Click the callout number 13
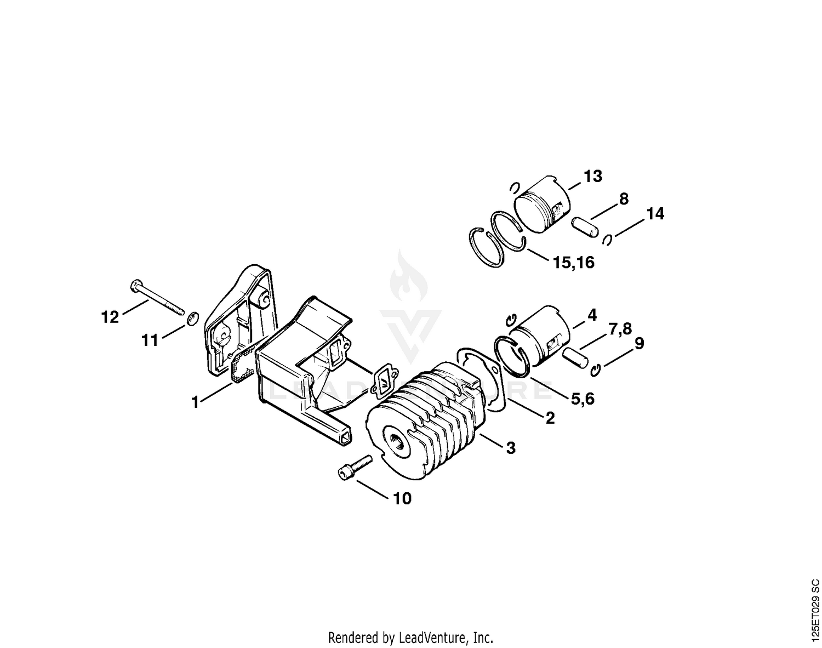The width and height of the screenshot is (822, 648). pos(593,177)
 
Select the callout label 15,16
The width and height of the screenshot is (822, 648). pos(574,263)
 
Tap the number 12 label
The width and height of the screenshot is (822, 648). pos(110,317)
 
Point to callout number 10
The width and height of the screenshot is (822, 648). pos(402,498)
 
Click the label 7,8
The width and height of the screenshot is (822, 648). pos(620,329)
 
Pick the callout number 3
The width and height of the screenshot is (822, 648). pos(511,448)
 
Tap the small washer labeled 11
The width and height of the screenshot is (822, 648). pos(193,319)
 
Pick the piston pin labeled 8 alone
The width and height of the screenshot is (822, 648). pos(584,228)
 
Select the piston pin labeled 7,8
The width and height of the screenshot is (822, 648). pos(574,358)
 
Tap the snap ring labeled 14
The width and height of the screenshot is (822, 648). pos(607,240)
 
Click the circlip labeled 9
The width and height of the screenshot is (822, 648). pos(596,370)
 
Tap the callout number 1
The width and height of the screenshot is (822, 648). pos(195,402)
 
